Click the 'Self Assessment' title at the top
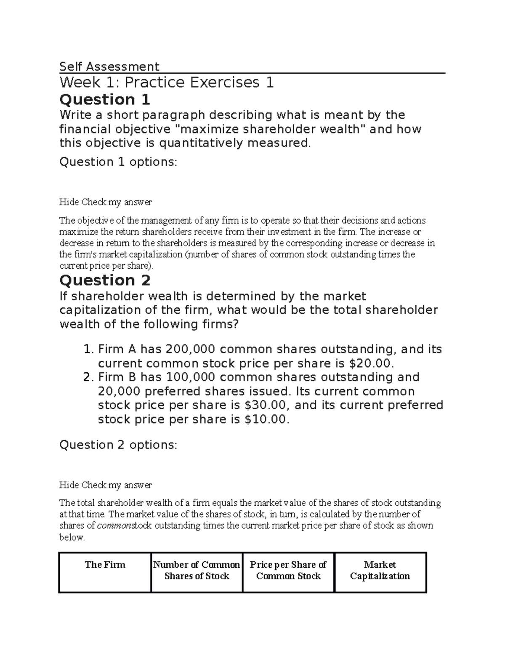109,67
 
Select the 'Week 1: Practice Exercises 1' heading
167,82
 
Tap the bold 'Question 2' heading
105,280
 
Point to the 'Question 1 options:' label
118,162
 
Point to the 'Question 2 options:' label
118,445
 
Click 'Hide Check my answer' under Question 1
105,202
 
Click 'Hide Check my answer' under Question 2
105,485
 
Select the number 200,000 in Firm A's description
190,349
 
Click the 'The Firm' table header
105,565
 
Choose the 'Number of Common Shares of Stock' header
197,570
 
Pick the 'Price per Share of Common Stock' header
288,570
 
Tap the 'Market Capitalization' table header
380,570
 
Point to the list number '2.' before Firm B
88,377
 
